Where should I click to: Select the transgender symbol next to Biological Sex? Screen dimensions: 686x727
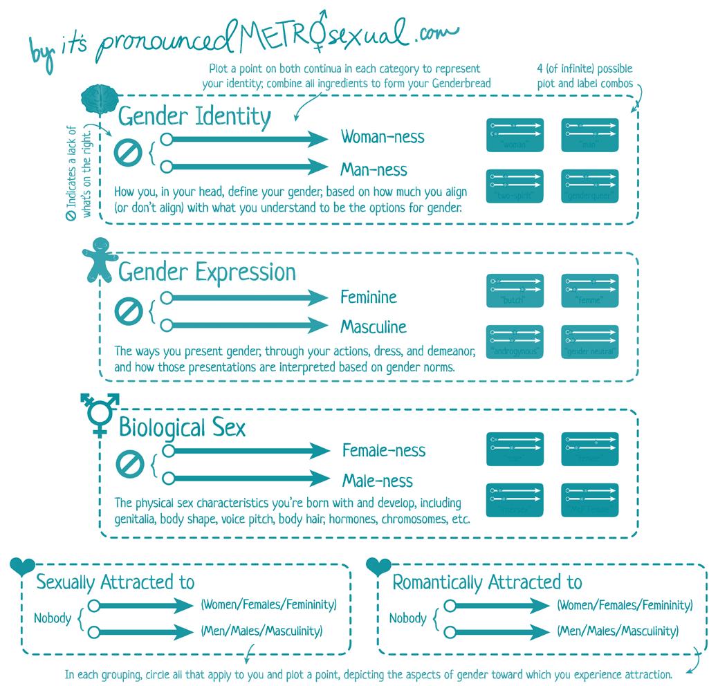tap(100, 414)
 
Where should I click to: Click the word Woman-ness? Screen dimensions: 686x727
tap(383, 137)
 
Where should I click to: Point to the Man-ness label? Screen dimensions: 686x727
tap(374, 169)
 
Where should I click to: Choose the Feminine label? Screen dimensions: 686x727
tap(369, 297)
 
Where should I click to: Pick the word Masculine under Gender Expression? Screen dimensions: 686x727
tap(374, 326)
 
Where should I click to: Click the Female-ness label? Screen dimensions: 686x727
tap(384, 451)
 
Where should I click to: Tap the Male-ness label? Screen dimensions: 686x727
tap(378, 481)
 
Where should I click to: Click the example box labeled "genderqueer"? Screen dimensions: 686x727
tap(589, 186)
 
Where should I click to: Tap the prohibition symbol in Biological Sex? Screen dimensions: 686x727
tap(128, 463)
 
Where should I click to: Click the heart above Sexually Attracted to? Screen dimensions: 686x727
tap(22, 566)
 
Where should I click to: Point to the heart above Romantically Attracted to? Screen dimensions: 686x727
tap(378, 566)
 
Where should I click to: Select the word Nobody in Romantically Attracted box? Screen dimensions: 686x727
tap(407, 618)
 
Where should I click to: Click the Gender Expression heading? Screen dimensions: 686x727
tap(207, 272)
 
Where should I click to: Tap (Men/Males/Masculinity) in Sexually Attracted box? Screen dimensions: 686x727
tap(261, 631)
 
